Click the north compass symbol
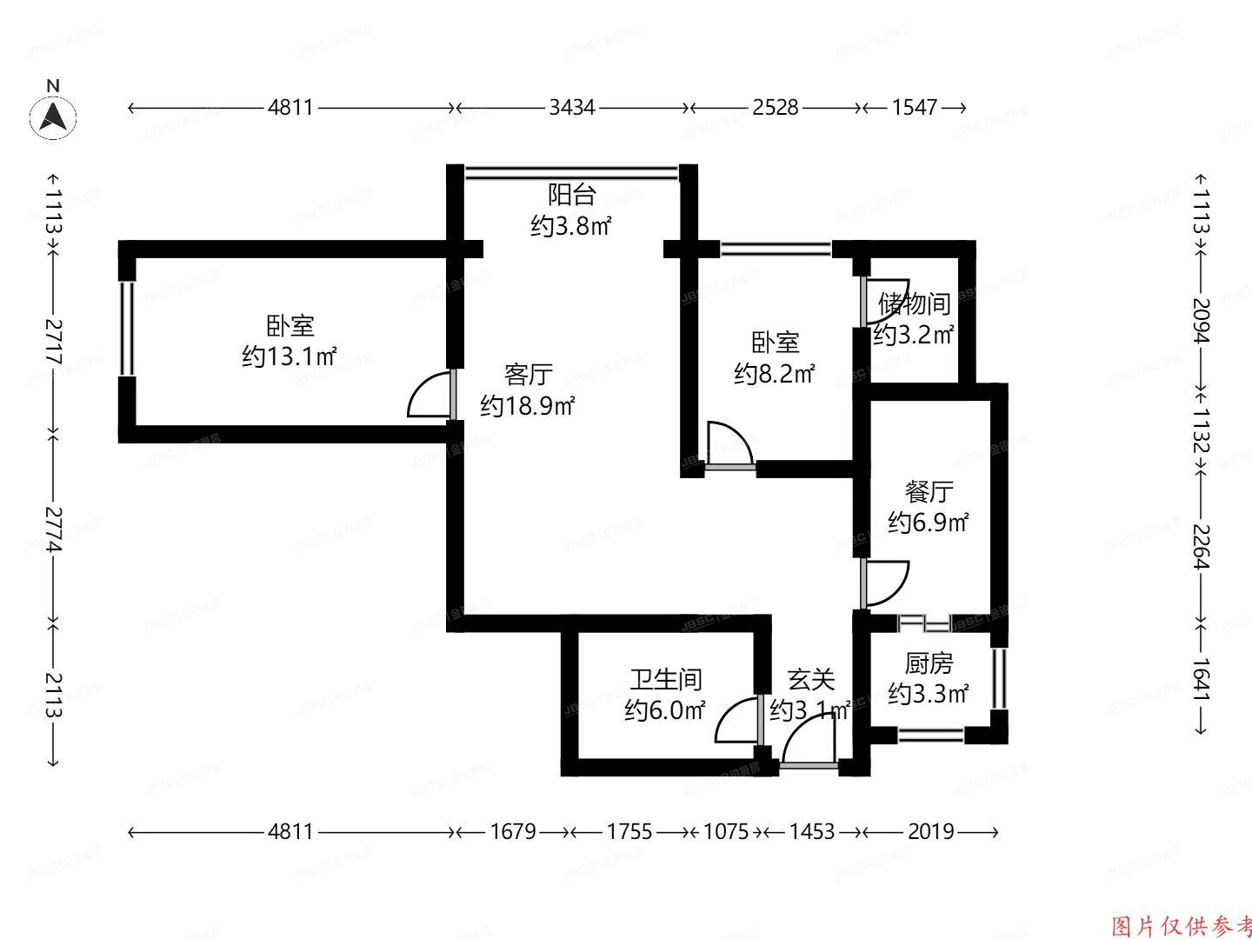53,117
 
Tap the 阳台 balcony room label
571,194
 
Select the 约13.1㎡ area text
290,356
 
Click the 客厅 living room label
528,375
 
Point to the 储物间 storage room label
914,304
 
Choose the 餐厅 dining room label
929,491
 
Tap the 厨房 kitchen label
929,663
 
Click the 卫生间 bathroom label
665,679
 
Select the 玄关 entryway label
810,679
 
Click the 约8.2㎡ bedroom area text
775,375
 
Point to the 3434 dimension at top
572,107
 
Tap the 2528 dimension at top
775,107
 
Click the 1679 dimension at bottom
512,832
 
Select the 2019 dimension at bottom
930,832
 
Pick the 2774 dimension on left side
54,529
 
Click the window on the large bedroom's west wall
127,329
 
